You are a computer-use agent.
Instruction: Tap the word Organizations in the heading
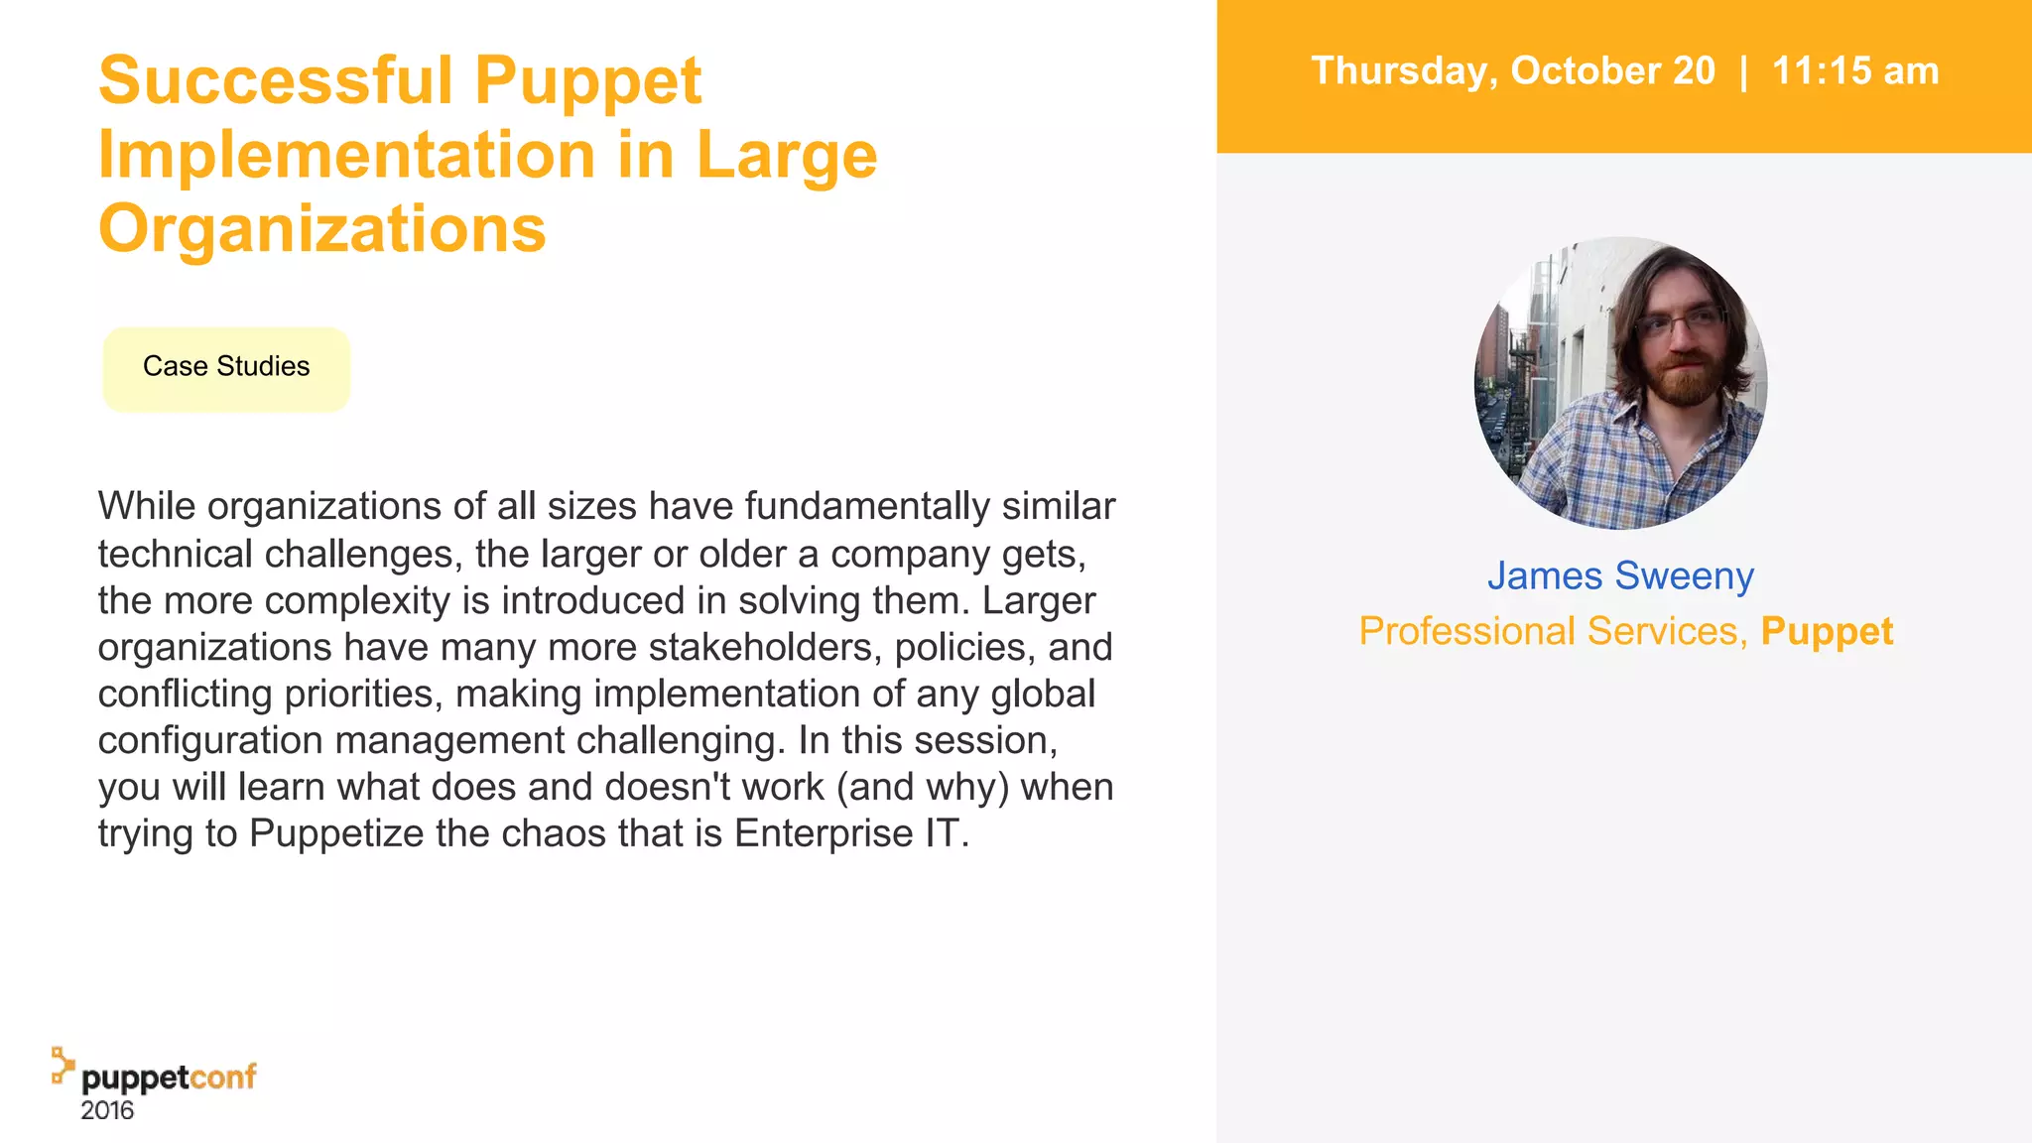(321, 229)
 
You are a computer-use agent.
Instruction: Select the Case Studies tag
(226, 367)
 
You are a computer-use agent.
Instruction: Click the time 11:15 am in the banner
(1854, 71)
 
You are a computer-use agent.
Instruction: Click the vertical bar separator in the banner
(1743, 71)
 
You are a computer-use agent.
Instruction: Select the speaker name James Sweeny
(1620, 576)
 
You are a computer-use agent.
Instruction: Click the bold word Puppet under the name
(1827, 632)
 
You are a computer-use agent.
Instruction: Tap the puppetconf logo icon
(63, 1065)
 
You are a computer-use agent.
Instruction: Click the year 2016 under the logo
(107, 1110)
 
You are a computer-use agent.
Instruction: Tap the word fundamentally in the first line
(867, 507)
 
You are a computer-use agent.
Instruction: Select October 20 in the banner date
(1613, 71)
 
